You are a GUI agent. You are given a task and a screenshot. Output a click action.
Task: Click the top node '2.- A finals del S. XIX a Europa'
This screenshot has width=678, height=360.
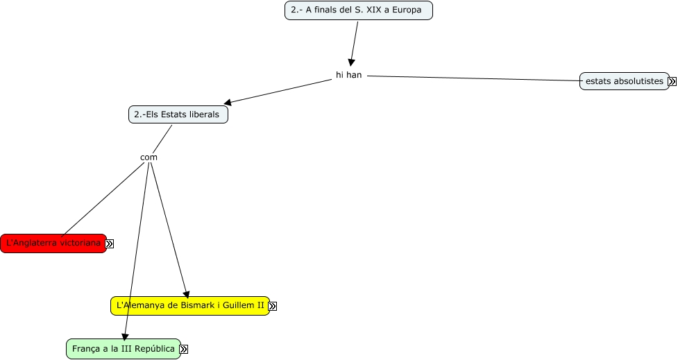click(x=358, y=10)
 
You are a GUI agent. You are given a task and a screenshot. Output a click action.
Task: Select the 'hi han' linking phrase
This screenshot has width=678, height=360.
click(x=348, y=75)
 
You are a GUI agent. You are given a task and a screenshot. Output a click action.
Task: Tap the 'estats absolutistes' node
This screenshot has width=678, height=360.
click(x=624, y=81)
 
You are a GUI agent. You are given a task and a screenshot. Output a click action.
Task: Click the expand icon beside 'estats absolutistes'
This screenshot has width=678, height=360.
click(x=672, y=81)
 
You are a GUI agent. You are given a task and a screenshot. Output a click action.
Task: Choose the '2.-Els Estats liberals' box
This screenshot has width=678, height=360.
click(x=178, y=114)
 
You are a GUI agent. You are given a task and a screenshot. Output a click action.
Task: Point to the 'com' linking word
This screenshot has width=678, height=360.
click(x=149, y=157)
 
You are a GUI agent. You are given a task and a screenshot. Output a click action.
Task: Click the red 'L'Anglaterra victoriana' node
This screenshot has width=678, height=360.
click(x=53, y=243)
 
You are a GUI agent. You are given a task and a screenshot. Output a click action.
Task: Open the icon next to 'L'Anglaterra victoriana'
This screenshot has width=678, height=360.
click(x=109, y=243)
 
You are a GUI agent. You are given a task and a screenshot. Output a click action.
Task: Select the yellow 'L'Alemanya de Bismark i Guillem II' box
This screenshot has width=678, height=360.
click(x=189, y=306)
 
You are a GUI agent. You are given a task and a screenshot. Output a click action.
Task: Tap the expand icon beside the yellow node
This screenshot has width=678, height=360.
click(x=272, y=306)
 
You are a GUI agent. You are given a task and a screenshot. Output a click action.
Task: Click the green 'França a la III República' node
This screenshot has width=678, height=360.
click(x=123, y=349)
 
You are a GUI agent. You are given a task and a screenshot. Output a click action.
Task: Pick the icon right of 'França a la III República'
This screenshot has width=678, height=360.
click(x=183, y=350)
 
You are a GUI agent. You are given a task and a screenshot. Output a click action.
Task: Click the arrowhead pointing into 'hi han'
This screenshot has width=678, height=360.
click(x=352, y=62)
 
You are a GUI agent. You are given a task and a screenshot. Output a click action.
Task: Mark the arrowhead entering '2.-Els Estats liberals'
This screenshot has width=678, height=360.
click(x=227, y=103)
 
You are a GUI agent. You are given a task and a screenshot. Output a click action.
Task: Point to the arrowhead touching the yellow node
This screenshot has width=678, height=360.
click(x=185, y=293)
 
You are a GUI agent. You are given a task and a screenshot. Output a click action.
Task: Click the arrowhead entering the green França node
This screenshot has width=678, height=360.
click(x=126, y=336)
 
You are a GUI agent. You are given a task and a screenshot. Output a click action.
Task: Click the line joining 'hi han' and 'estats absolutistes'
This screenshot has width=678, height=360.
click(x=472, y=78)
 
